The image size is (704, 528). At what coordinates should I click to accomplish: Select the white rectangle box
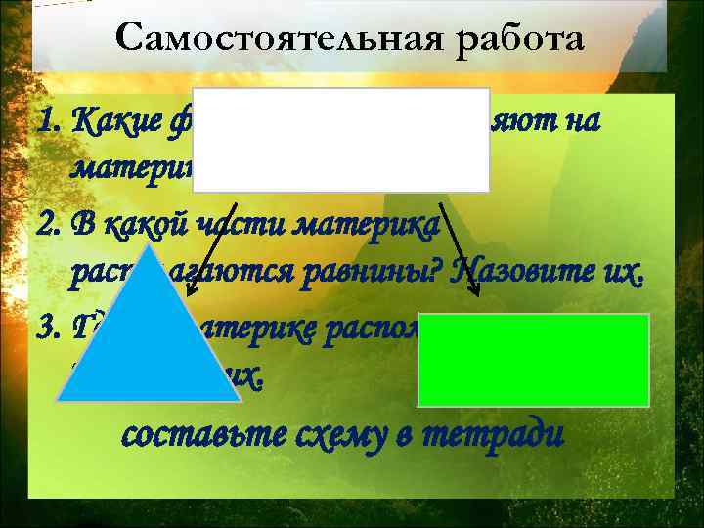[x=342, y=140]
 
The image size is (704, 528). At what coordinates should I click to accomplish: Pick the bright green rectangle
[x=534, y=359]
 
